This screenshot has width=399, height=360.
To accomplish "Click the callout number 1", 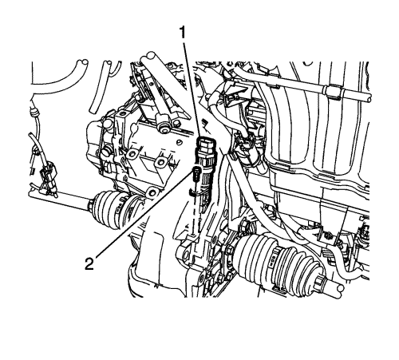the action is tap(183, 33).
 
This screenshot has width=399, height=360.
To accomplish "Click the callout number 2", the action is tap(89, 264).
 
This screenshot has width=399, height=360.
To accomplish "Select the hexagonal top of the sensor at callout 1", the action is tap(207, 144).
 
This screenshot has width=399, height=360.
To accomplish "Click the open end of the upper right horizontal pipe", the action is tap(368, 97).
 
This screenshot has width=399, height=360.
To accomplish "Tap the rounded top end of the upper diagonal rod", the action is tap(150, 56).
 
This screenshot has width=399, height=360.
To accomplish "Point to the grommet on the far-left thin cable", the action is tap(34, 113).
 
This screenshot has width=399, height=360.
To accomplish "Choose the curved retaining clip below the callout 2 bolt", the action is tap(195, 192).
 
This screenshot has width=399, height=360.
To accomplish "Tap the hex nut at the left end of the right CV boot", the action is tap(229, 250).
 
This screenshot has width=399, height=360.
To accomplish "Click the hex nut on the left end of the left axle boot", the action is tap(90, 206).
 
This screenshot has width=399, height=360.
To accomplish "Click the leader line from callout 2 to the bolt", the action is tap(144, 215).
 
